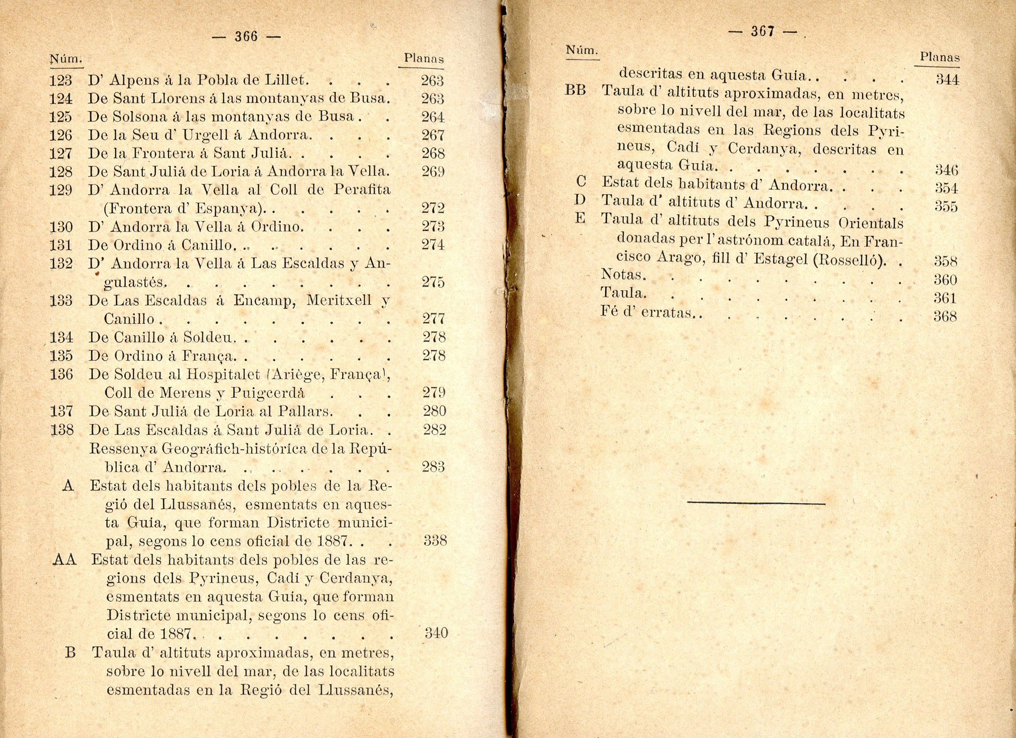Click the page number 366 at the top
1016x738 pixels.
pyautogui.click(x=246, y=36)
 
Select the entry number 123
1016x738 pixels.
pyautogui.click(x=61, y=81)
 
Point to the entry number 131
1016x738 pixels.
pyautogui.click(x=61, y=245)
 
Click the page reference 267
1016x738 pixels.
pyautogui.click(x=433, y=135)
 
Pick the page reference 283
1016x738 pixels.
pyautogui.click(x=433, y=467)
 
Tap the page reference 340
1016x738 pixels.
pyautogui.click(x=436, y=632)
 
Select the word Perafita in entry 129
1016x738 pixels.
pyautogui.click(x=362, y=190)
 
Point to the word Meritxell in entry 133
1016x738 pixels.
pyautogui.click(x=339, y=300)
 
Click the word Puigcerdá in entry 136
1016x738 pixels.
pyautogui.click(x=268, y=393)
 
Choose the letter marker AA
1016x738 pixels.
pyautogui.click(x=65, y=560)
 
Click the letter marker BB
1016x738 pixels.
pyautogui.click(x=575, y=91)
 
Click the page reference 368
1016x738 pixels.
pyautogui.click(x=945, y=317)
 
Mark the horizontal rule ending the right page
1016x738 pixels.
pyautogui.click(x=756, y=503)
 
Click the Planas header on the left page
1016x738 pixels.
pyautogui.click(x=423, y=58)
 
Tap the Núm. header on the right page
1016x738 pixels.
pyautogui.click(x=581, y=50)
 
